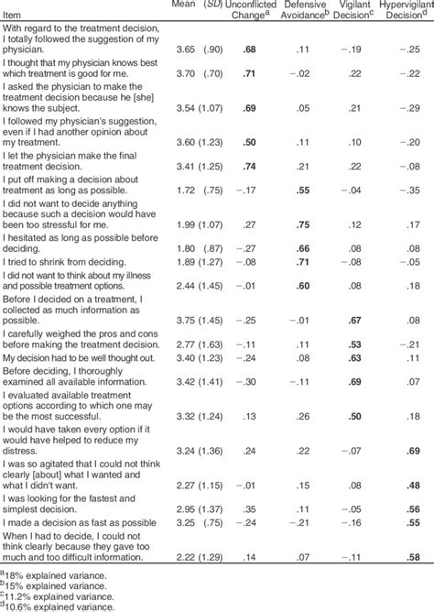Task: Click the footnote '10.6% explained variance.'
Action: pyautogui.click(x=54, y=605)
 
